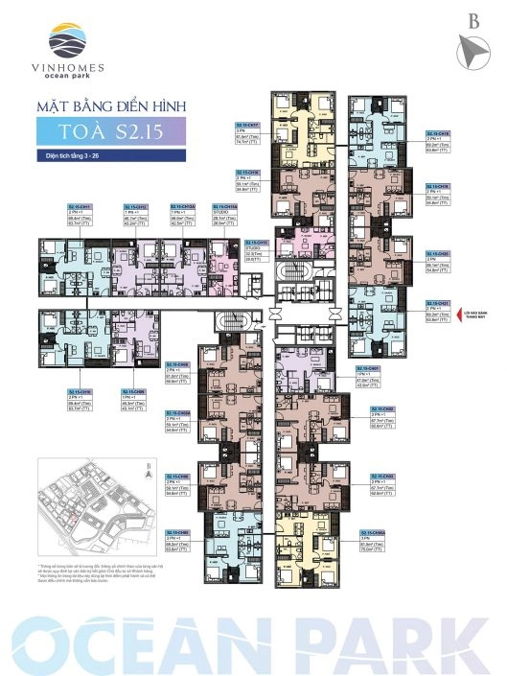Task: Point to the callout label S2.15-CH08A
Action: (374, 532)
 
